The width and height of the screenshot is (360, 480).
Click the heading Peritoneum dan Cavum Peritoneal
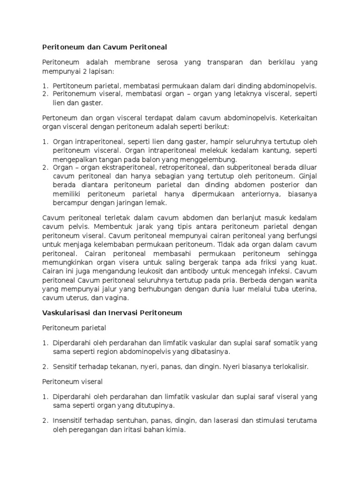click(x=105, y=47)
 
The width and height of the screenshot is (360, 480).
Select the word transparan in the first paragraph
click(x=224, y=62)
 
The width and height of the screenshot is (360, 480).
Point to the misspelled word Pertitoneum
click(x=73, y=86)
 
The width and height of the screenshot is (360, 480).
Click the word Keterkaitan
click(x=299, y=118)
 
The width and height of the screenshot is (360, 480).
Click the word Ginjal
click(x=307, y=176)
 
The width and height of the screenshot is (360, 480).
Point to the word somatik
click(x=278, y=343)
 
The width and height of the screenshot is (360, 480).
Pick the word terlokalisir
click(x=288, y=367)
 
